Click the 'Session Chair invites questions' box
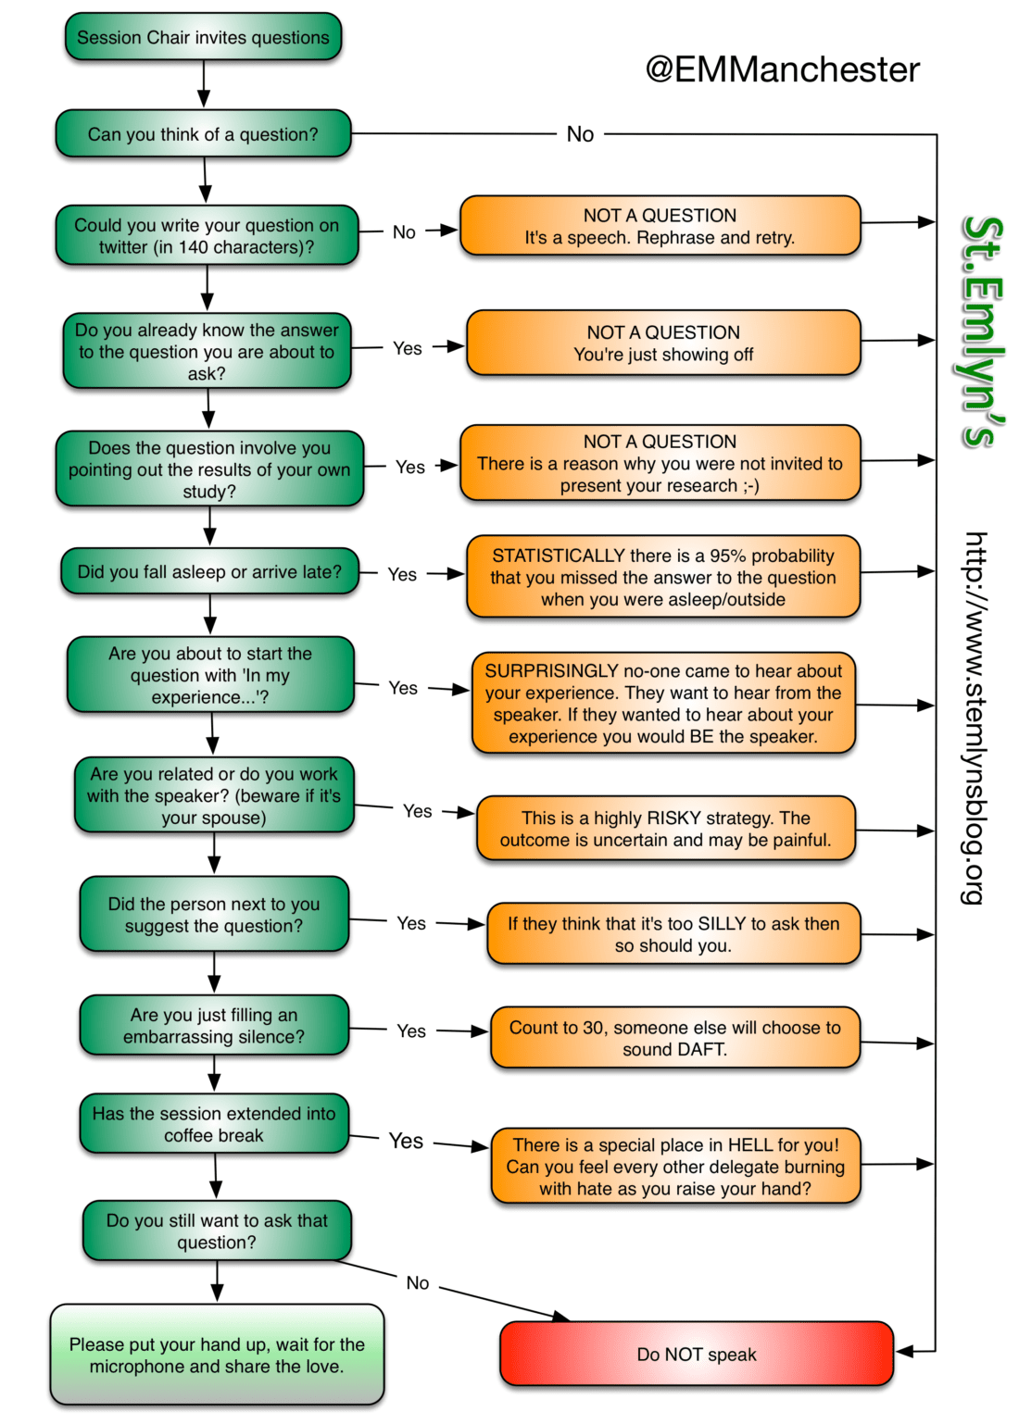pos(203,38)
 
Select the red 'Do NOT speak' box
pos(696,1354)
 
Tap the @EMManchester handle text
pos(782,69)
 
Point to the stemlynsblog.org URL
pos(975,718)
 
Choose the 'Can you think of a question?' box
pos(203,134)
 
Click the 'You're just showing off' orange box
pos(663,344)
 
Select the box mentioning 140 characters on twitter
pos(207,236)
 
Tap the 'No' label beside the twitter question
pos(404,232)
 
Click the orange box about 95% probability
pos(663,577)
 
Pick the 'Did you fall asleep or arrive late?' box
pos(209,572)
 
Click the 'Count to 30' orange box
pos(674,1038)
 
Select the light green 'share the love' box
pos(217,1355)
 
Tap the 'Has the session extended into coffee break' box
pos(214,1124)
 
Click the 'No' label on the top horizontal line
pos(580,134)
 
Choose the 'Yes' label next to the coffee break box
pos(406,1141)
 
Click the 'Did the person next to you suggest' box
pos(214,915)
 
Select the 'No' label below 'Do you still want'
pos(418,1282)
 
